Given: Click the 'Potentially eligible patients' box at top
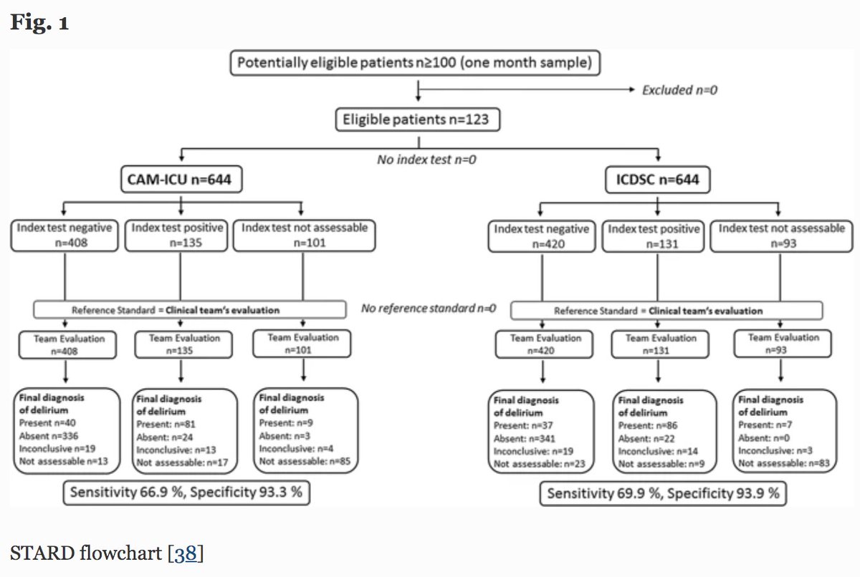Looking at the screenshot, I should click(x=415, y=63).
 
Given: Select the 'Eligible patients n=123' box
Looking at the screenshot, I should click(x=417, y=119).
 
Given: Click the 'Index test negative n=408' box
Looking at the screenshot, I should click(x=65, y=236).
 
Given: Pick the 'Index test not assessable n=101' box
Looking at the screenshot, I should click(x=305, y=236).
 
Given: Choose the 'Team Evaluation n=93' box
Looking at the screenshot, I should click(x=783, y=344).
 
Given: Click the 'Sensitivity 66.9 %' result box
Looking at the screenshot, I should click(x=186, y=493).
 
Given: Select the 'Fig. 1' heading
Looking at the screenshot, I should click(x=39, y=23).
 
